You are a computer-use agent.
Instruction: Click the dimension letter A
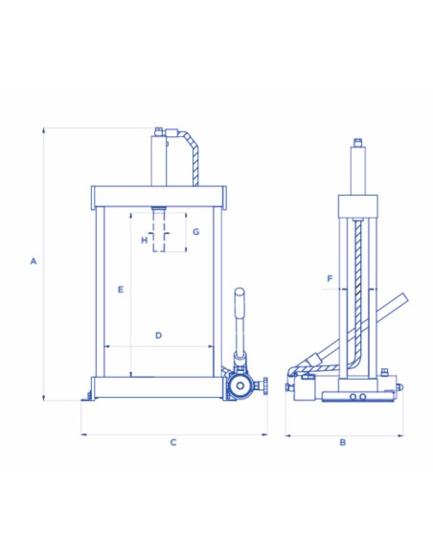click(x=34, y=261)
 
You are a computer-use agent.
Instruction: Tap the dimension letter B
click(x=342, y=442)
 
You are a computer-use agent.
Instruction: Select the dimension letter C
click(x=173, y=442)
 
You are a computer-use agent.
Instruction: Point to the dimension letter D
click(x=159, y=336)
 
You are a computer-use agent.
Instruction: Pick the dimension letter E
click(x=121, y=290)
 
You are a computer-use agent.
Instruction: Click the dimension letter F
click(x=330, y=279)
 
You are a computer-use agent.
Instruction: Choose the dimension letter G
click(x=195, y=232)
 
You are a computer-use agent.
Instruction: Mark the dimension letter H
click(x=144, y=240)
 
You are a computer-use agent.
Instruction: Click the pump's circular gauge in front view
click(x=239, y=385)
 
